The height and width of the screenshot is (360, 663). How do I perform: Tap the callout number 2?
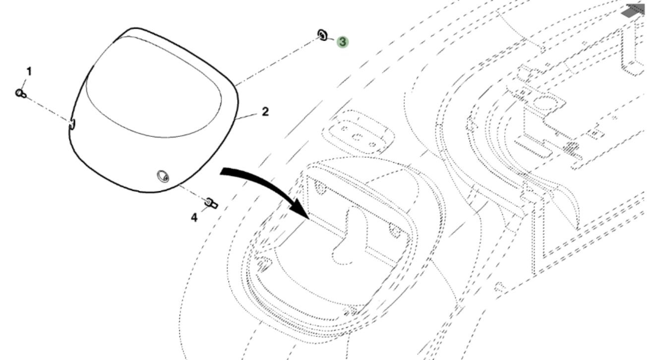(x=265, y=112)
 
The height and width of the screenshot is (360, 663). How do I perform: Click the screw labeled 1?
(x=21, y=93)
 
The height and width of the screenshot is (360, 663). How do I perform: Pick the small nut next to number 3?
(x=323, y=35)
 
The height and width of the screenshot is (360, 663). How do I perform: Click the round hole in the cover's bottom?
(x=162, y=176)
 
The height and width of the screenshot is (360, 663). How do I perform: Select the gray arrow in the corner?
(x=636, y=10)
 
